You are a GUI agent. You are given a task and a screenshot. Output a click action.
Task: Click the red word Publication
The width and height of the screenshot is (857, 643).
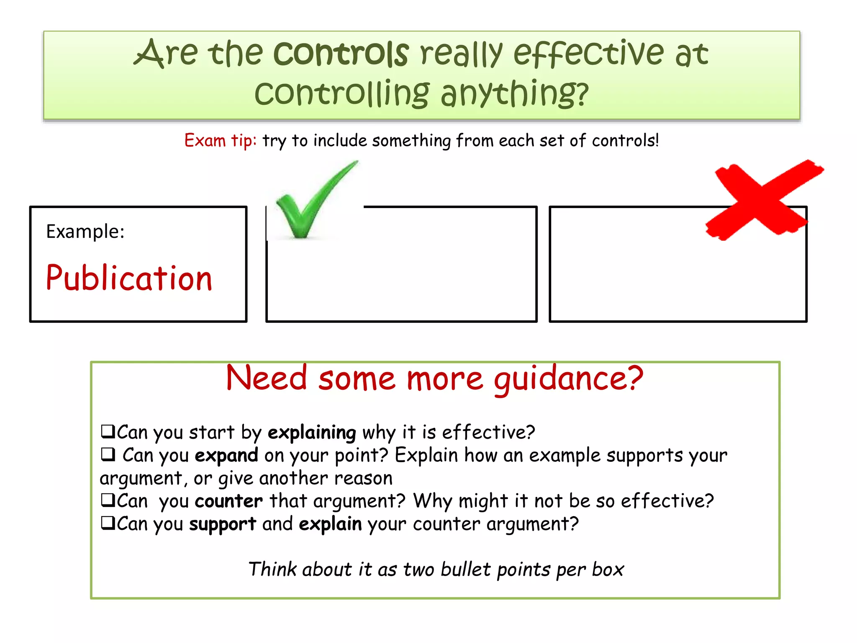129,278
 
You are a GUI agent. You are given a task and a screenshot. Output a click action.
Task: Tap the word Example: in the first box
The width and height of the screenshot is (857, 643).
85,231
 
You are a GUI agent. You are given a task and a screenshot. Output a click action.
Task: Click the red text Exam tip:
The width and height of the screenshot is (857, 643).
220,140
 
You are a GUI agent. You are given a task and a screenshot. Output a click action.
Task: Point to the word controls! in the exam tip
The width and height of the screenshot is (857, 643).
625,140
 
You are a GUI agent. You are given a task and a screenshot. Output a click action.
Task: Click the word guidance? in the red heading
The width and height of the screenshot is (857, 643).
568,378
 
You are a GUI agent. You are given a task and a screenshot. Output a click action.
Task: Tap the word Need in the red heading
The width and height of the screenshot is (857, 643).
267,378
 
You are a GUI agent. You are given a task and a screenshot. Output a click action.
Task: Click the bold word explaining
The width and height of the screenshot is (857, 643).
312,432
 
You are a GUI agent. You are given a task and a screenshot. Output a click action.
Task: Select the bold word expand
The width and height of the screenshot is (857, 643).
226,455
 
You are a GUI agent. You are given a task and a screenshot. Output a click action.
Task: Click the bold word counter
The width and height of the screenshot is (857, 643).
228,501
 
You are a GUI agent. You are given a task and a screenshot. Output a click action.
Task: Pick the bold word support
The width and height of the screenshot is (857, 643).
222,524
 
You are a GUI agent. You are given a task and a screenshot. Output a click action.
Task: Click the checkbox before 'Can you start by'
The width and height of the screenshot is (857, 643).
108,431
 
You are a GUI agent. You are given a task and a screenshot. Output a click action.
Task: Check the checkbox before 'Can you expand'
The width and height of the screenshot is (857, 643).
108,454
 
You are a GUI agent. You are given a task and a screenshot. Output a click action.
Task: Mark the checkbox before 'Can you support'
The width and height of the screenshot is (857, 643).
108,522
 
